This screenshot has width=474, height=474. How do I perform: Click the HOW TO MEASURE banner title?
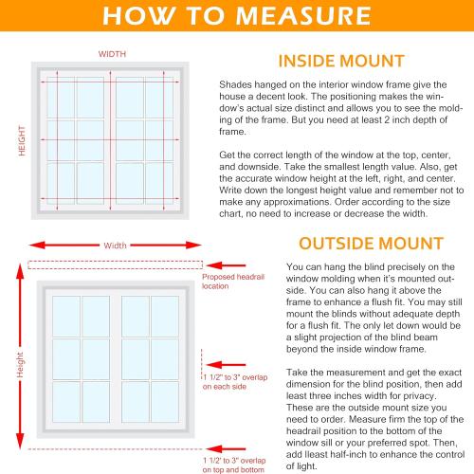coord(237,16)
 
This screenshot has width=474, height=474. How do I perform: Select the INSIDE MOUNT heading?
coord(342,63)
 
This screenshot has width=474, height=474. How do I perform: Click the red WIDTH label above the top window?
coord(111,54)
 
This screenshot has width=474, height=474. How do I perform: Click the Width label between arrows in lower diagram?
coord(115,245)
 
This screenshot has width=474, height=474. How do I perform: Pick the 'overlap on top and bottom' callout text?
coord(231,464)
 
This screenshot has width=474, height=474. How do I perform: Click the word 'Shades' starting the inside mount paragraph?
coord(233,85)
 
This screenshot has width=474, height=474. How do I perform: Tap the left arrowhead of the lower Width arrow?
coord(40,245)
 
